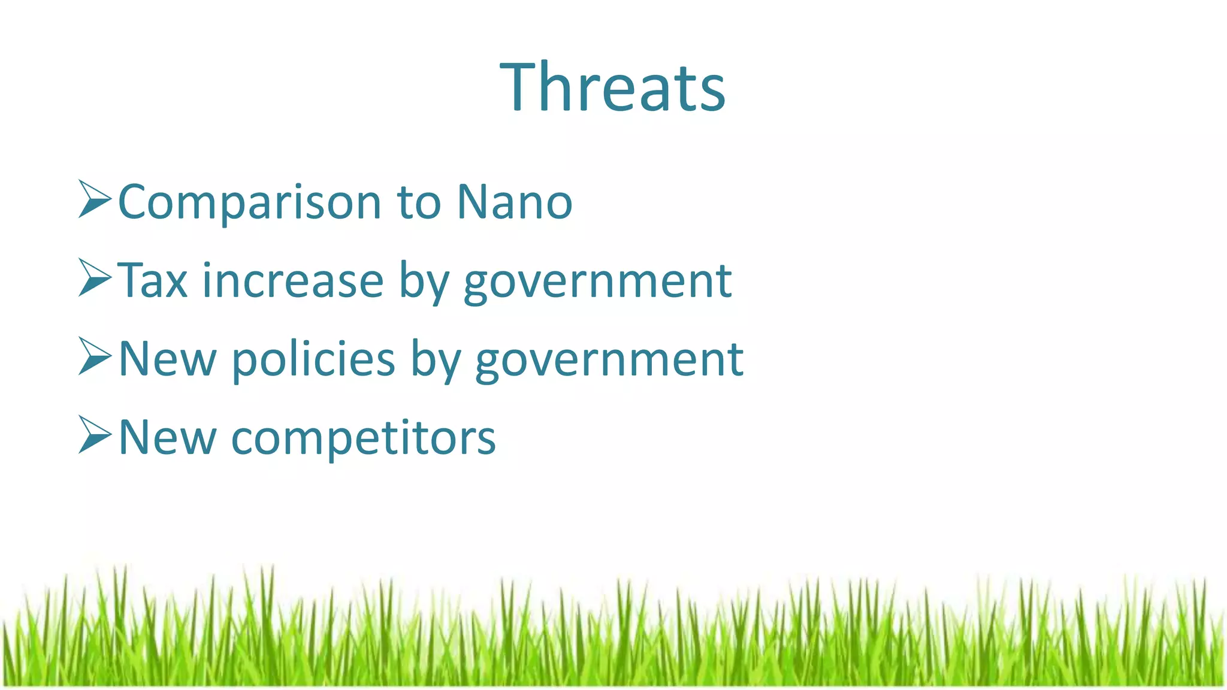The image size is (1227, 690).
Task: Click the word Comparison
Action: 250,202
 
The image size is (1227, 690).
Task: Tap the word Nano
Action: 515,202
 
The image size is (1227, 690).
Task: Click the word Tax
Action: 153,280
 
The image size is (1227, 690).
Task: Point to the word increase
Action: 292,280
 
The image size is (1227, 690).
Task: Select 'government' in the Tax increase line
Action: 597,282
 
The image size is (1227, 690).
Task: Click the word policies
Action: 313,359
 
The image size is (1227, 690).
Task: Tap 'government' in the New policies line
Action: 609,360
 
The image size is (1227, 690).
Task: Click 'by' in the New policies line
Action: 436,360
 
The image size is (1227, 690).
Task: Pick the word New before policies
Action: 167,359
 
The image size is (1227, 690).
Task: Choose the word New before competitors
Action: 167,437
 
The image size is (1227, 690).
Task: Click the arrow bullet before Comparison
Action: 94,199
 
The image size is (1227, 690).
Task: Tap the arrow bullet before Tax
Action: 94,278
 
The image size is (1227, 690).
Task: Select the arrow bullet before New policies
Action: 94,356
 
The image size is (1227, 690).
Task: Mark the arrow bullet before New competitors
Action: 94,435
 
